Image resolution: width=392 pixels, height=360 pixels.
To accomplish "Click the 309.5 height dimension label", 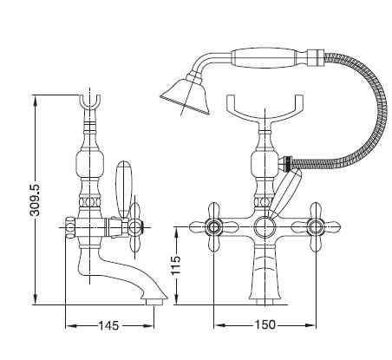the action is pyautogui.click(x=36, y=200).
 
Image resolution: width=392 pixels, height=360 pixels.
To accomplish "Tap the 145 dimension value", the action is pyautogui.click(x=108, y=325).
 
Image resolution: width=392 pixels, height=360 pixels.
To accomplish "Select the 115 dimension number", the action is pyautogui.click(x=175, y=265).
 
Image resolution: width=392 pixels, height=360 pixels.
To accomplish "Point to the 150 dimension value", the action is pyautogui.click(x=265, y=324).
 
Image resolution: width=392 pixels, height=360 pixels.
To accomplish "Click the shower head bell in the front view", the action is pyautogui.click(x=186, y=95).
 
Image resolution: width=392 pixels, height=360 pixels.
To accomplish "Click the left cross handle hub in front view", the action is pyautogui.click(x=214, y=227).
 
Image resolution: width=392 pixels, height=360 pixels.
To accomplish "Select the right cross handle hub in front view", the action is pyautogui.click(x=315, y=227).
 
